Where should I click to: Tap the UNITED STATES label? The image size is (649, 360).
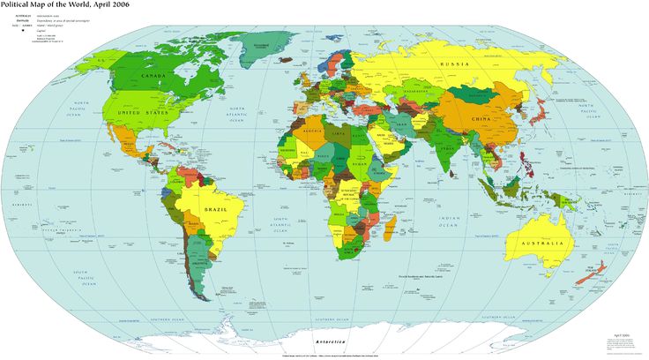point(142,113)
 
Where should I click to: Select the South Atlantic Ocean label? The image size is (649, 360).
point(281,223)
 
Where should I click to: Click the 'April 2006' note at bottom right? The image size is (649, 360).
point(623,335)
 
